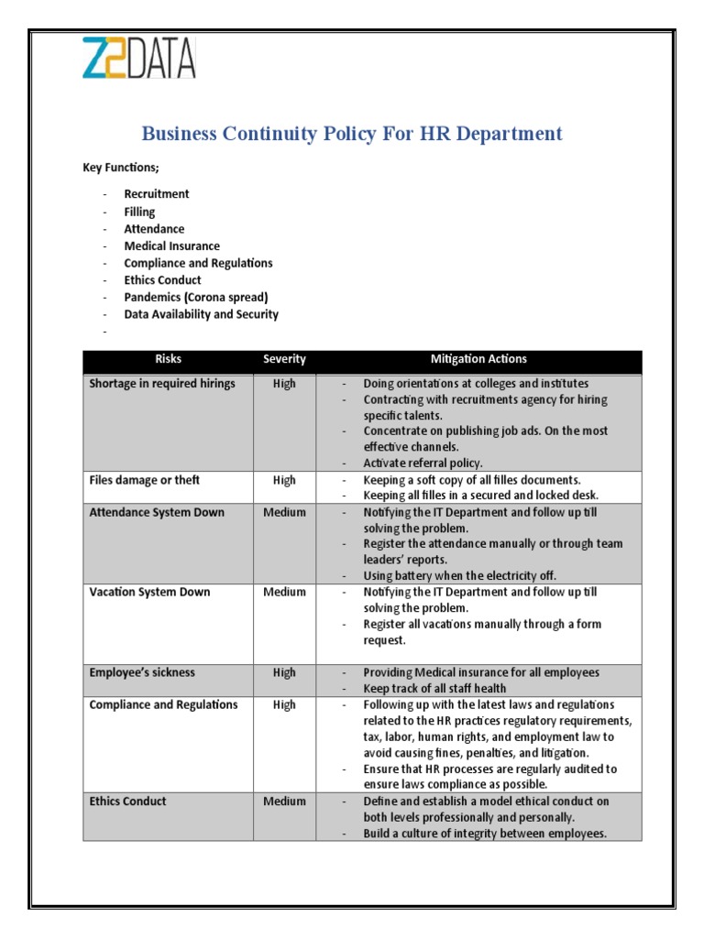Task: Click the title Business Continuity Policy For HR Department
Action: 352,134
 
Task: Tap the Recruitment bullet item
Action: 157,194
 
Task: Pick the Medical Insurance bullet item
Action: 171,245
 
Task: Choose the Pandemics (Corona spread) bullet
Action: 196,297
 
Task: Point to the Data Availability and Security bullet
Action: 201,314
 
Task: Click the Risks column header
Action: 168,360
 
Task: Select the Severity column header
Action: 284,360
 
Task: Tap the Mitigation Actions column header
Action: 478,360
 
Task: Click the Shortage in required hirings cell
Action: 162,384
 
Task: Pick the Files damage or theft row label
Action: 144,480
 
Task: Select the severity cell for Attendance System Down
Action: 284,512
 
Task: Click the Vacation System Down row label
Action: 149,592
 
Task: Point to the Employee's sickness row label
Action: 142,672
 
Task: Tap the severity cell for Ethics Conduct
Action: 284,801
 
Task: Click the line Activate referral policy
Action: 423,463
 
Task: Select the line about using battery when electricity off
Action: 459,575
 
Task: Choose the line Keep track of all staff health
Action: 434,688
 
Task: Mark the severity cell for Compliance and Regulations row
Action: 284,704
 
